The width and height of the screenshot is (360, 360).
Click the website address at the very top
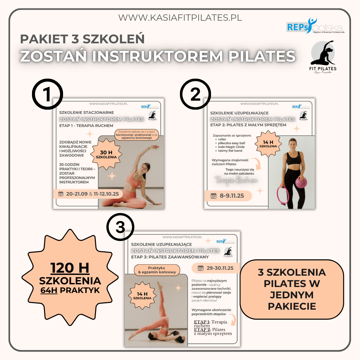point(180,17)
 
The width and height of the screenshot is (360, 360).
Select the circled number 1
point(48,94)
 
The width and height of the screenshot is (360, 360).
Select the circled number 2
point(195,94)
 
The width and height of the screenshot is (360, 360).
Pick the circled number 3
point(120,228)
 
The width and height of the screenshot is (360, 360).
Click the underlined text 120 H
point(70,268)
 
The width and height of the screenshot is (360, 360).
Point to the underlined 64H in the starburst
point(49,290)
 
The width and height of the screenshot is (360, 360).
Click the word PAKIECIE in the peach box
point(292,306)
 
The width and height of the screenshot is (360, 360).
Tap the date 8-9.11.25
point(232,196)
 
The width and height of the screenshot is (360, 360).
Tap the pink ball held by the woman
point(301,182)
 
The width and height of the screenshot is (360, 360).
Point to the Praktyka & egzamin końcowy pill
point(157,270)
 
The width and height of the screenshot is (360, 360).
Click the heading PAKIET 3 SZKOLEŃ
point(82,39)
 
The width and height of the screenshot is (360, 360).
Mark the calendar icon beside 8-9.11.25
point(214,196)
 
